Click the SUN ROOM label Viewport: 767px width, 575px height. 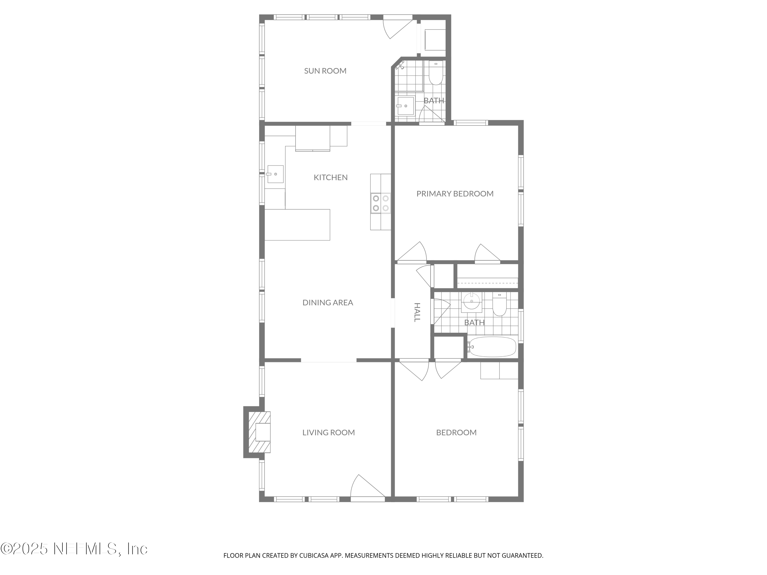click(325, 71)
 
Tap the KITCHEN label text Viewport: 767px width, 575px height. click(330, 177)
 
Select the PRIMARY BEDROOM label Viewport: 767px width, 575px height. click(455, 194)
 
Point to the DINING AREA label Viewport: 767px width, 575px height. click(328, 303)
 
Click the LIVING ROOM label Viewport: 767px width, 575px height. click(328, 433)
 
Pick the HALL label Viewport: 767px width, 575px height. click(417, 312)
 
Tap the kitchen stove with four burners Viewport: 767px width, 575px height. click(380, 203)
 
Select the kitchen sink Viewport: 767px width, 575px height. click(275, 174)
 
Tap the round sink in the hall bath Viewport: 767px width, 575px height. click(471, 301)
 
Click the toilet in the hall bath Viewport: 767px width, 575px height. click(499, 305)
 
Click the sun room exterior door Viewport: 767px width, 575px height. click(398, 26)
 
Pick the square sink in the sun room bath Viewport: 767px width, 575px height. click(405, 106)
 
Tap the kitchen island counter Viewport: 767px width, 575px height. click(297, 225)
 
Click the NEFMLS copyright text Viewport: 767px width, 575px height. click(74, 549)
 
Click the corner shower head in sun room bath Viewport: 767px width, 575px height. click(400, 65)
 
